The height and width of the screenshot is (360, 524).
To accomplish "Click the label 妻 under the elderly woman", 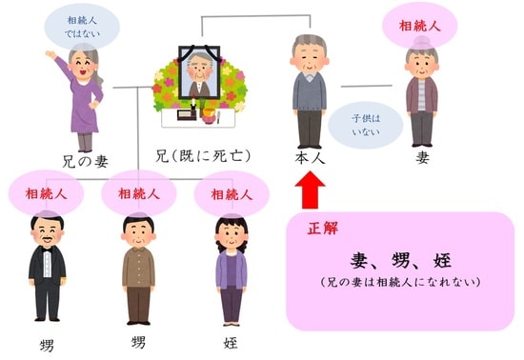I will click(422, 157).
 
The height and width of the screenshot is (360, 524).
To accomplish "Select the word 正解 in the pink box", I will click(322, 230).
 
